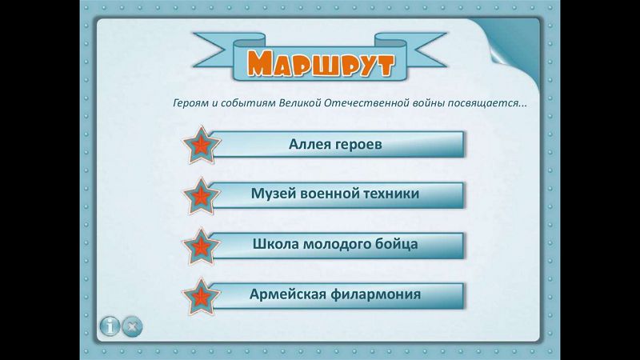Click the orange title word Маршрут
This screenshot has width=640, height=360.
click(321, 63)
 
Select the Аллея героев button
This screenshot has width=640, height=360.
click(338, 144)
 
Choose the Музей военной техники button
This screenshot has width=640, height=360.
click(338, 194)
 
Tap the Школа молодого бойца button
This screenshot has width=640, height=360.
click(338, 246)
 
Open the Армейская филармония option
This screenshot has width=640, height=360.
click(338, 295)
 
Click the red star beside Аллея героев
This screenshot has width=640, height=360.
click(202, 145)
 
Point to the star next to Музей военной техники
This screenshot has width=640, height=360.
click(202, 196)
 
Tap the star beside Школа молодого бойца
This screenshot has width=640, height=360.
click(202, 246)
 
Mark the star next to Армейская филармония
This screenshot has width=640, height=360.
click(202, 297)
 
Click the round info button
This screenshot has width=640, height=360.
click(110, 326)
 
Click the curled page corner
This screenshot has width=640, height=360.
click(514, 47)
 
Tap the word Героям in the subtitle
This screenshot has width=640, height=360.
click(190, 103)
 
